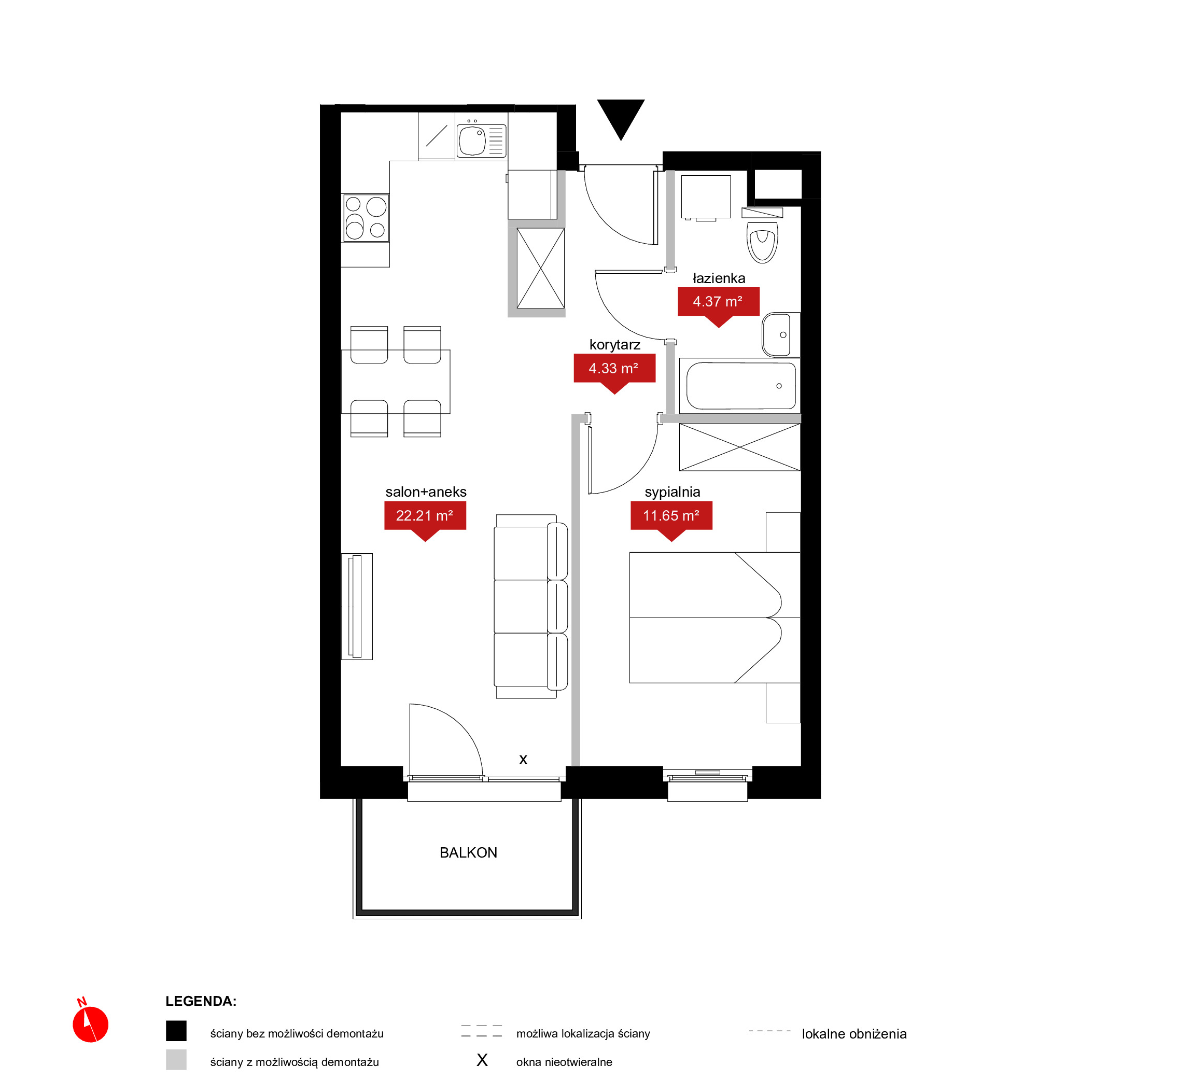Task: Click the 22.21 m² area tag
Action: [425, 518]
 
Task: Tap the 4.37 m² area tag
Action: [718, 304]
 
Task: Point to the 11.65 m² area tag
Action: [671, 518]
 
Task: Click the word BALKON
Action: [468, 853]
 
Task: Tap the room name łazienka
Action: [719, 278]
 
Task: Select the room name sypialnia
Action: [672, 492]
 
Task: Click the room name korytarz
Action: [615, 345]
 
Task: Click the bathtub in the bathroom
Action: [740, 386]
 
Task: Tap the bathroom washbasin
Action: [780, 334]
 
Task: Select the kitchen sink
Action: [481, 139]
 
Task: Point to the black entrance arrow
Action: [621, 119]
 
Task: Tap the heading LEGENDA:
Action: [201, 1001]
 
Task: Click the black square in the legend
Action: [176, 1031]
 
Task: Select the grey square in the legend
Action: [176, 1060]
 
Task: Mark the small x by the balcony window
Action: [523, 760]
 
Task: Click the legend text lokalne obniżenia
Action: [854, 1034]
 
